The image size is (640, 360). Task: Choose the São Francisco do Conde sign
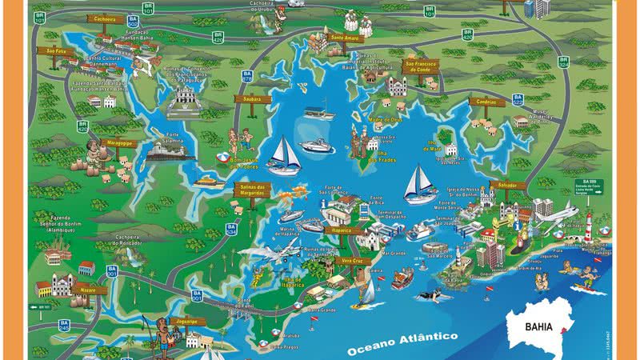pyautogui.click(x=422, y=65)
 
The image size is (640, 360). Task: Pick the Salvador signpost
pyautogui.click(x=511, y=184)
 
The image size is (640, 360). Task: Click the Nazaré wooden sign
pyautogui.click(x=89, y=290)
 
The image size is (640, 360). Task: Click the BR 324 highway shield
pyautogui.click(x=564, y=61)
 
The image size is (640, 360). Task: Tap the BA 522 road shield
pyautogui.click(x=518, y=99)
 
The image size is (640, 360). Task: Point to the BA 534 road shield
pyautogui.click(x=231, y=229)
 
